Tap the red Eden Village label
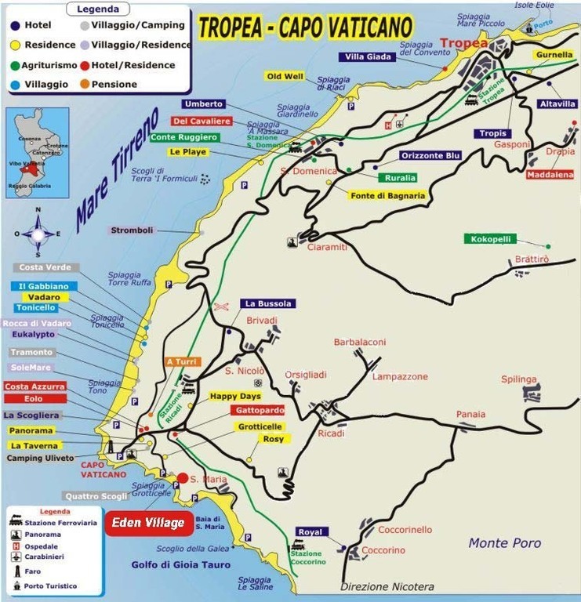[148, 523]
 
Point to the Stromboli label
[132, 230]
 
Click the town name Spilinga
[519, 379]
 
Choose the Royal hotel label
[309, 532]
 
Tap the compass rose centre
[38, 233]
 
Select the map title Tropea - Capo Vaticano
[305, 27]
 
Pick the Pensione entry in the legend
[114, 85]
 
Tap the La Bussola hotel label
[268, 303]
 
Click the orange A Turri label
[183, 361]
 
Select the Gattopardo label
[258, 410]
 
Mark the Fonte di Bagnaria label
[387, 195]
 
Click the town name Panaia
[470, 414]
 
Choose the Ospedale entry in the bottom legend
[41, 546]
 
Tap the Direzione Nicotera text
[387, 586]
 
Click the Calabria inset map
[37, 151]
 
